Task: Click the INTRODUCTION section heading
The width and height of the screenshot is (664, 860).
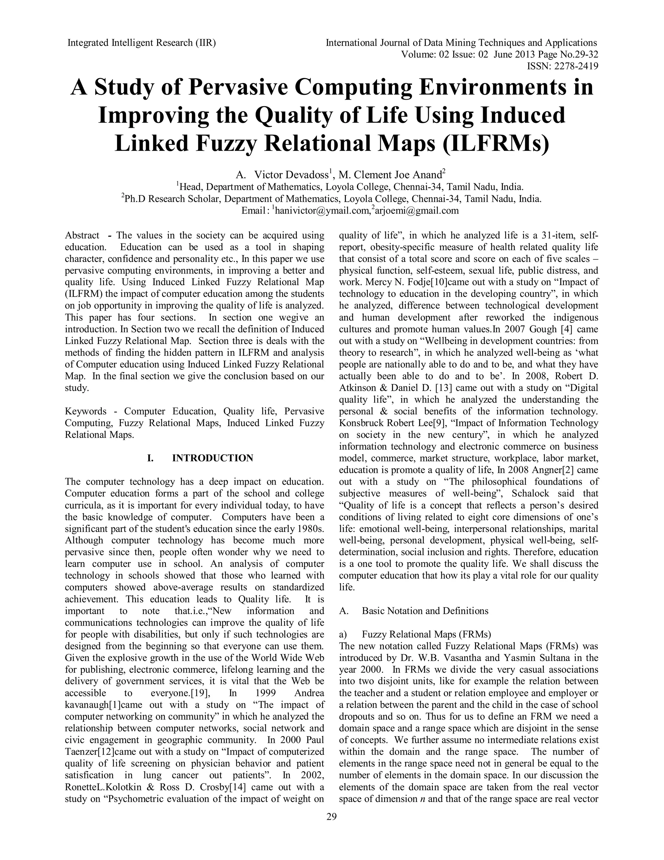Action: [x=212, y=458]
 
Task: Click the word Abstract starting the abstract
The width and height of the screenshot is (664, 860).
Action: [x=82, y=236]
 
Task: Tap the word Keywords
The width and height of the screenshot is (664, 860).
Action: [x=85, y=412]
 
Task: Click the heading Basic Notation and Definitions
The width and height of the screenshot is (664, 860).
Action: [x=425, y=611]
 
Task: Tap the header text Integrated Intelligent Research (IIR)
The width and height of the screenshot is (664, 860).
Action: [x=142, y=43]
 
